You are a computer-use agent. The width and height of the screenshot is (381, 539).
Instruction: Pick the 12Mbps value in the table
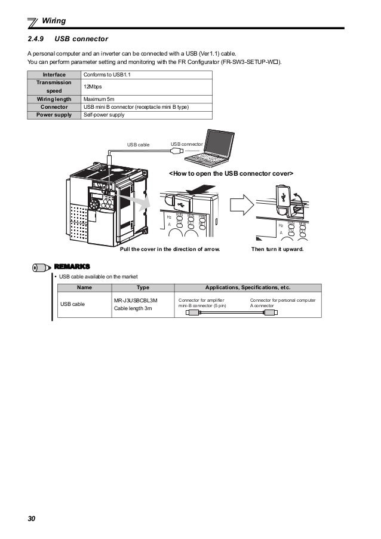tap(93, 87)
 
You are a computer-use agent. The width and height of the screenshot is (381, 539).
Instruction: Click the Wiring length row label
tap(54, 99)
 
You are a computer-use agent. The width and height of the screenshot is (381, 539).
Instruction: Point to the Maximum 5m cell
tap(99, 99)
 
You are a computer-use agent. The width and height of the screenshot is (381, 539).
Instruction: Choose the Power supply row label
tap(54, 115)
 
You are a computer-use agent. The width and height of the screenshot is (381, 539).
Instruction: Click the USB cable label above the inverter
tap(139, 145)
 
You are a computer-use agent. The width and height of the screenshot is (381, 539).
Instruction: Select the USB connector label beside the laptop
tap(186, 144)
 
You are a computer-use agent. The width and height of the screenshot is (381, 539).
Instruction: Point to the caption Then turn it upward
tap(278, 249)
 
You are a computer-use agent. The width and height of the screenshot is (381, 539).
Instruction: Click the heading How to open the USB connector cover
tap(231, 173)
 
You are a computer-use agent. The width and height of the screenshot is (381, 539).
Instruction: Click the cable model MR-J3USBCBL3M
tap(136, 300)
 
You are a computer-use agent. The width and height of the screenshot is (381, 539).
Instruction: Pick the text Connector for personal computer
tap(283, 299)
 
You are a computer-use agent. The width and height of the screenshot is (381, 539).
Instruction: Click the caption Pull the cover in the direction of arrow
tap(170, 249)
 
